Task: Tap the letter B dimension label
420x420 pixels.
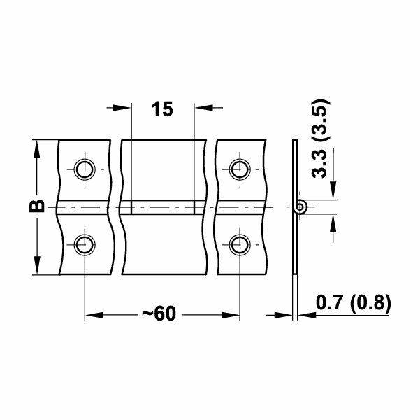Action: (x=38, y=206)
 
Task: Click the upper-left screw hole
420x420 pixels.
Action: (x=85, y=169)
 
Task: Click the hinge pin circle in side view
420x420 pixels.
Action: (x=300, y=206)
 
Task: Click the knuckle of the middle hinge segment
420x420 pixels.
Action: (x=164, y=207)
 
